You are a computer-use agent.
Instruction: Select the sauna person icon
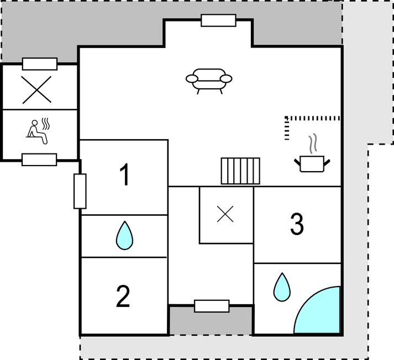pos(38,131)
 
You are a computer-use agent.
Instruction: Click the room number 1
pos(125,174)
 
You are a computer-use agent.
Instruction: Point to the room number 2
pos(123,297)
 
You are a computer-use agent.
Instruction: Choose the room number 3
pos(297,224)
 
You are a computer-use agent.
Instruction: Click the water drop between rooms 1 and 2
pos(125,235)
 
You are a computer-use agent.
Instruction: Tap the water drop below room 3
pos(282,287)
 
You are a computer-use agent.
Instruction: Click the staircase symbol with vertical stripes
pos(240,171)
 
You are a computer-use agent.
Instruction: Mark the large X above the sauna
pos(36,89)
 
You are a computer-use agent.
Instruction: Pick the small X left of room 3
pos(225,214)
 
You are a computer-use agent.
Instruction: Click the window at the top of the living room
pos(219,20)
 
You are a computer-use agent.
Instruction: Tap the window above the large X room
pos(40,64)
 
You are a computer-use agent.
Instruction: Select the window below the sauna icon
pos(39,160)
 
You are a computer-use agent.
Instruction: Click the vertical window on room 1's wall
pos(80,191)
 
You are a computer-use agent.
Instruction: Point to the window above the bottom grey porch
pos(212,306)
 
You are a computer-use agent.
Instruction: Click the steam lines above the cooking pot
pos(313,144)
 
